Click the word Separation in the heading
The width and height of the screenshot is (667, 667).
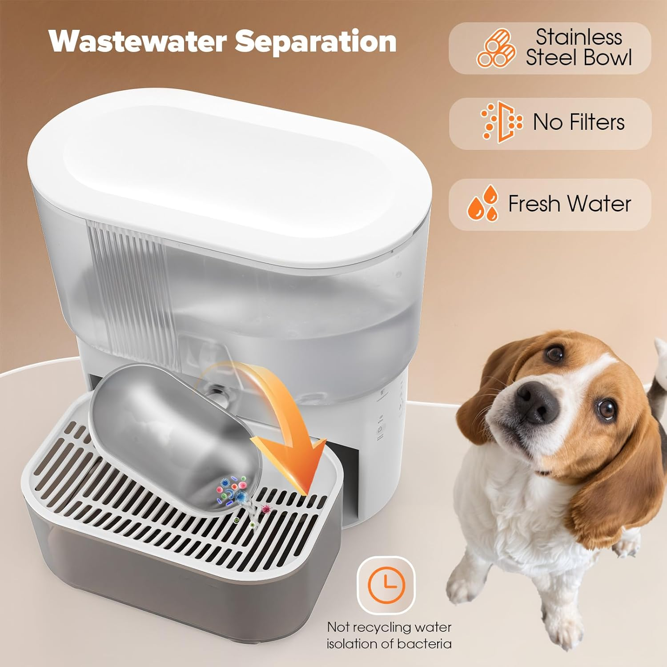click(x=315, y=42)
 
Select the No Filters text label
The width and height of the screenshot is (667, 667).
click(x=579, y=122)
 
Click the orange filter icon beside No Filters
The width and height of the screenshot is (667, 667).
click(x=502, y=122)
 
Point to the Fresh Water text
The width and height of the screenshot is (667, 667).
click(x=569, y=204)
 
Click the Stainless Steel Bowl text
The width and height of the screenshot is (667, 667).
click(x=579, y=48)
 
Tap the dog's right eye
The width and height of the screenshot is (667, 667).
click(x=554, y=354)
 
